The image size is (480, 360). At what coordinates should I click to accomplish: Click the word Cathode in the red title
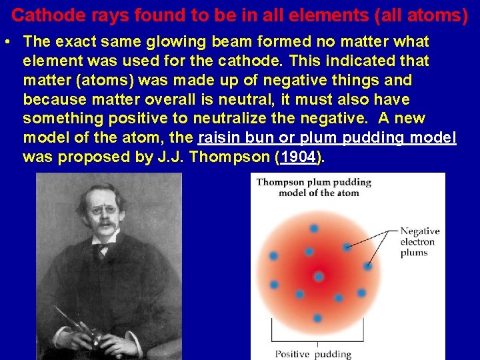click(x=39, y=15)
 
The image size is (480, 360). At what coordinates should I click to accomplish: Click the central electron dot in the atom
click(x=319, y=276)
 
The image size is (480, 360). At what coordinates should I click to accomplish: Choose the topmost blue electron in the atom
click(x=314, y=229)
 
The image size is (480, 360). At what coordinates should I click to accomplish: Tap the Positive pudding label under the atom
click(x=312, y=353)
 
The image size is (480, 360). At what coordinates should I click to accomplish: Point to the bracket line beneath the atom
click(x=313, y=340)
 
